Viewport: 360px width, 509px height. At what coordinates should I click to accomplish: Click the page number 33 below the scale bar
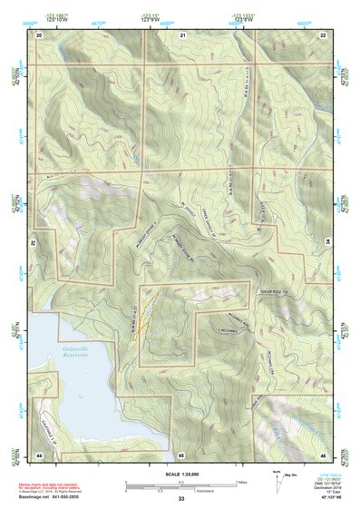pyautogui.click(x=181, y=499)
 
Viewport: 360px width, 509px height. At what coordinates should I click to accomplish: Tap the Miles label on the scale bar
pyautogui.click(x=241, y=482)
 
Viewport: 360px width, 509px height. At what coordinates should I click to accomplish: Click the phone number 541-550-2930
pyautogui.click(x=75, y=496)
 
